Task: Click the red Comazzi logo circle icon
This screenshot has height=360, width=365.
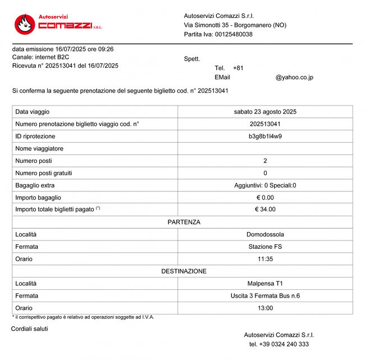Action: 25,23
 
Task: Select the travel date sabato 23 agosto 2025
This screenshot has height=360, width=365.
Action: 265,112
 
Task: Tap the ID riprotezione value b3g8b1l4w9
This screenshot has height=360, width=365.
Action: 265,136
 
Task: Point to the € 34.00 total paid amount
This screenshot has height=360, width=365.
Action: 265,209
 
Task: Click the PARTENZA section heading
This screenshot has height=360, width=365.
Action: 184,222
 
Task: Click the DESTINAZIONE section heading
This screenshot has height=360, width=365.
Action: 184,271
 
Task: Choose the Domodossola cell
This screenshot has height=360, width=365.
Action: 265,234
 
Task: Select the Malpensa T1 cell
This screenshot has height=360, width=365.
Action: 265,284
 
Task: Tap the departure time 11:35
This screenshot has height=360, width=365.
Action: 265,259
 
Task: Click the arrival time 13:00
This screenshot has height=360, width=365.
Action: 265,308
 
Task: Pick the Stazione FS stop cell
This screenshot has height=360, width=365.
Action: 265,247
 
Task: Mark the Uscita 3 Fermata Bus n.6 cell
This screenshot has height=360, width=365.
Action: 265,296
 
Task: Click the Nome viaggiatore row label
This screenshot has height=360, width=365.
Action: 39,149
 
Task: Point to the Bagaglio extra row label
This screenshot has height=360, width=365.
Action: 35,185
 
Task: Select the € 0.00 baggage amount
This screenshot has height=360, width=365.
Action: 265,198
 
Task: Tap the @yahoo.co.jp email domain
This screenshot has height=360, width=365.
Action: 294,78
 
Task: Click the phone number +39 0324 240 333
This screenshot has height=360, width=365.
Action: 279,344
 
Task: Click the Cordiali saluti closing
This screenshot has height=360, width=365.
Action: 30,329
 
